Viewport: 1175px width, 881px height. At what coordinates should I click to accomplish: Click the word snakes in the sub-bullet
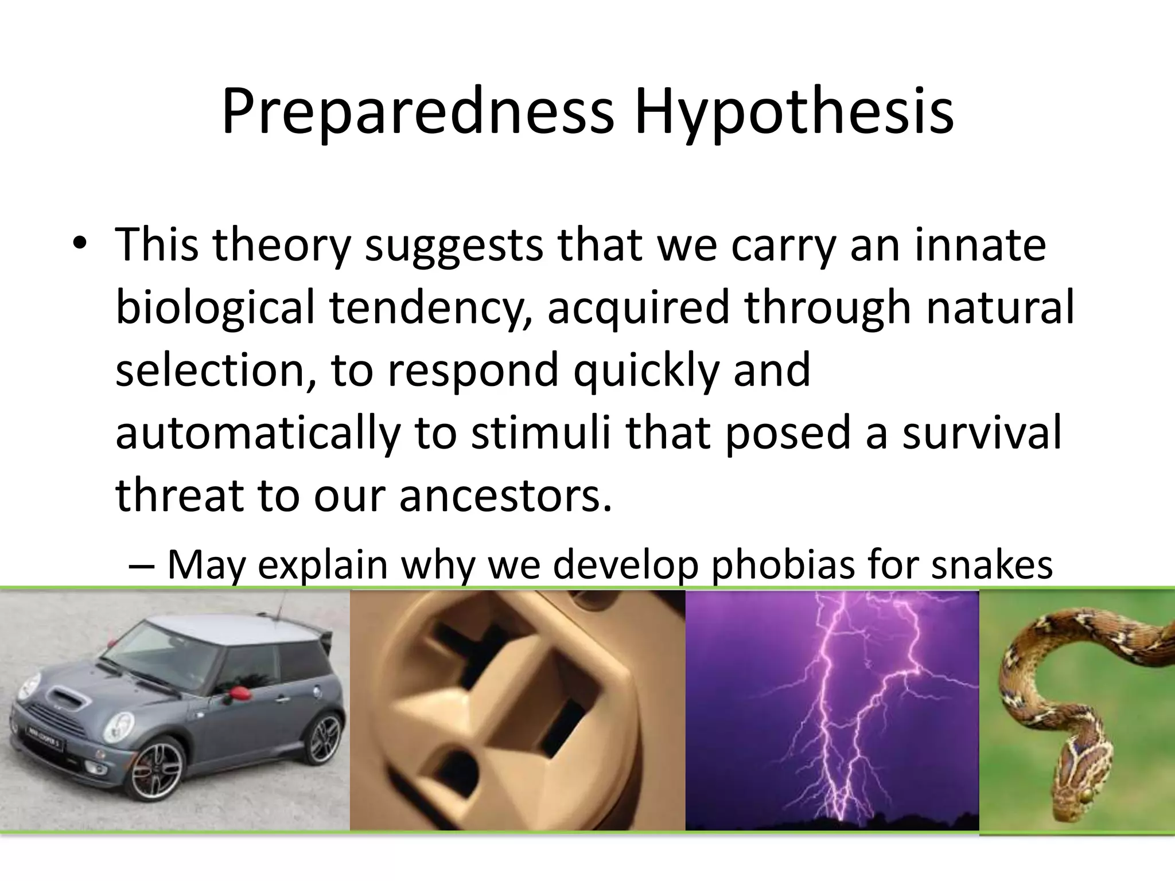tap(991, 564)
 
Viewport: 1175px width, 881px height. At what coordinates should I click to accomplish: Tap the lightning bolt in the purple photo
tap(832, 717)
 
